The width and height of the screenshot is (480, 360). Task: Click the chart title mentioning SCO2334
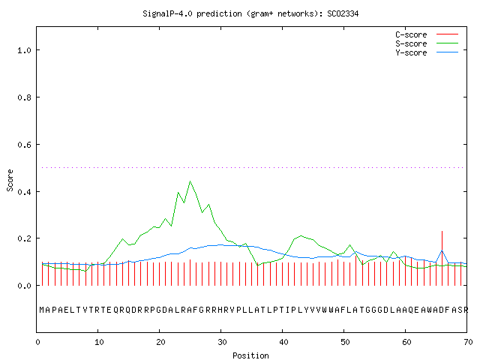pos(250,13)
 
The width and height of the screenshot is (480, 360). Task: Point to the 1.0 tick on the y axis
pos(25,50)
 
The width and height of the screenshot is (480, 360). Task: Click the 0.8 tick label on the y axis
pos(25,97)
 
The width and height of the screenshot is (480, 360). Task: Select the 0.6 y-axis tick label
pos(25,145)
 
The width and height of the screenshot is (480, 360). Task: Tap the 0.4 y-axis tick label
pos(25,192)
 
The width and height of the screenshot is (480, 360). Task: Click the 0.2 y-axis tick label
pos(25,238)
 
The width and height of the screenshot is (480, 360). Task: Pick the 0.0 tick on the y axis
pos(25,286)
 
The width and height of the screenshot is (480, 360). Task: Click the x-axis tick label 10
pos(99,342)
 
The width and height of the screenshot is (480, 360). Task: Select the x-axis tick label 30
pos(222,342)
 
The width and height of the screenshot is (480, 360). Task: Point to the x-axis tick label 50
pos(345,342)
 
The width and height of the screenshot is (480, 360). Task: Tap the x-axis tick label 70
pos(468,342)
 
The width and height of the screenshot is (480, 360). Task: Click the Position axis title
pos(250,355)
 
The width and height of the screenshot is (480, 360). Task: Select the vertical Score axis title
pos(10,180)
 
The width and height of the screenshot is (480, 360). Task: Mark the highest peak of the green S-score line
pos(190,181)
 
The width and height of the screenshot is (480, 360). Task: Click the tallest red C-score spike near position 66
pos(442,258)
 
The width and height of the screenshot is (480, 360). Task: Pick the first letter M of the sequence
pos(42,310)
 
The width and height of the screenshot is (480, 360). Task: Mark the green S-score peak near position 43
pos(301,235)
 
